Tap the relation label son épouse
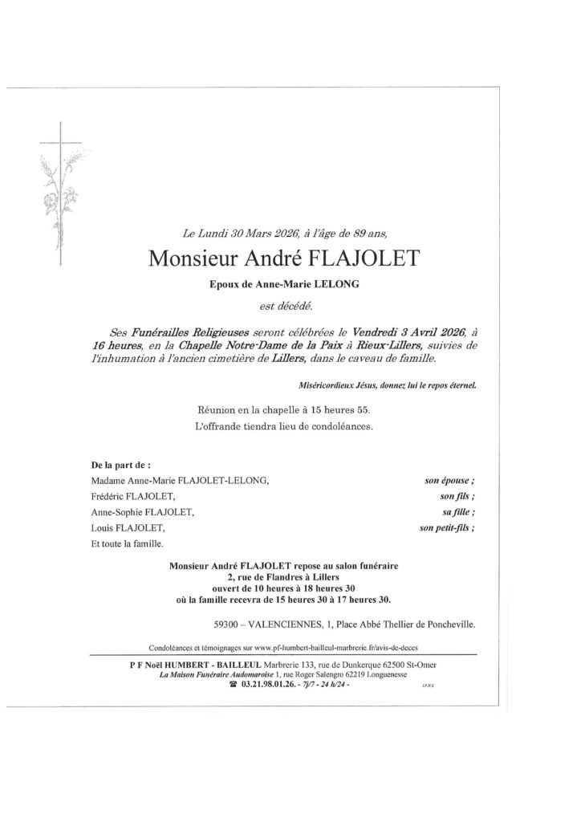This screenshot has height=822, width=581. click(450, 481)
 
